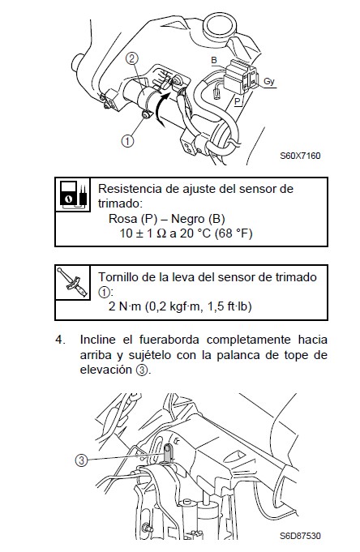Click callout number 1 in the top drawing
tap(127, 141)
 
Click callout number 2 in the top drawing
tap(132, 59)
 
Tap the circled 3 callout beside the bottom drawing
tap(81, 460)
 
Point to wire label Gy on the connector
tap(268, 82)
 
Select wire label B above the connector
tap(214, 60)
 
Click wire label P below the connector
tap(238, 101)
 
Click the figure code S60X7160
tap(300, 156)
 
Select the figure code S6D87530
tap(300, 536)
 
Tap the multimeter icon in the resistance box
tap(73, 195)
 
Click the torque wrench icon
tap(73, 283)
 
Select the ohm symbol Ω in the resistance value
tap(161, 233)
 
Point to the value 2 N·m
tap(125, 306)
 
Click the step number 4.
tap(61, 340)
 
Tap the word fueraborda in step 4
tap(169, 340)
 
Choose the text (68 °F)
tap(234, 233)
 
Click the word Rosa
tap(123, 219)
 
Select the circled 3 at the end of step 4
tap(142, 370)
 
